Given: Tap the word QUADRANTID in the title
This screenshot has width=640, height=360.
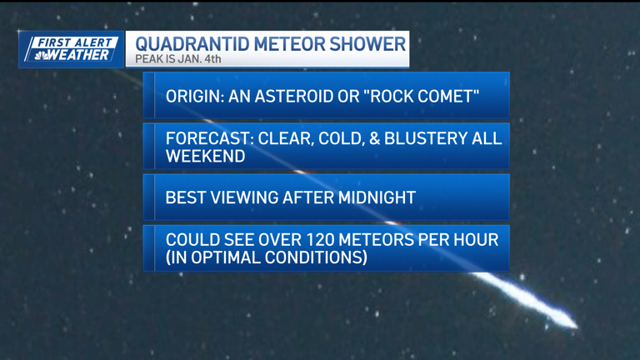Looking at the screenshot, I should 186,43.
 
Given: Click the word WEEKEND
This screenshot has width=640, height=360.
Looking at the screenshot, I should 205,156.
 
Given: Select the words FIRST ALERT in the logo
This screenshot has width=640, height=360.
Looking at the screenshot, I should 75,42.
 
